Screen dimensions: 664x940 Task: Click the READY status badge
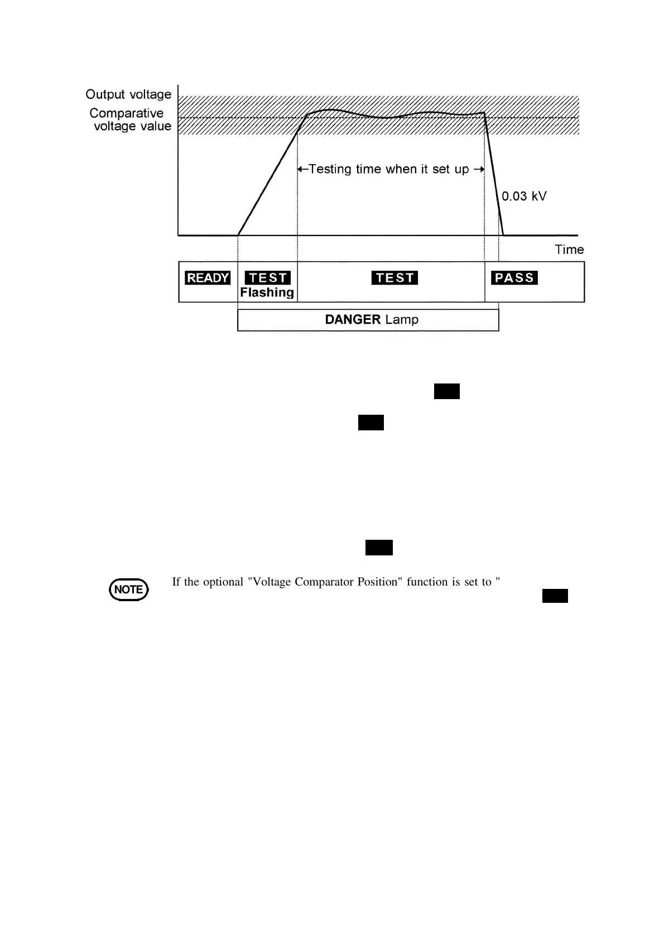(208, 278)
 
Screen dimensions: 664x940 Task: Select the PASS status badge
(514, 278)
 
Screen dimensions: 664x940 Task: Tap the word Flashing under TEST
(267, 292)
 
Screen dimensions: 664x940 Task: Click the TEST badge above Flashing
(268, 278)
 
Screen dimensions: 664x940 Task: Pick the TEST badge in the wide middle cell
(394, 278)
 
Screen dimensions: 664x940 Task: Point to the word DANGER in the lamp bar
(353, 320)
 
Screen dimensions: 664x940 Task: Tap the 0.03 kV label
(524, 196)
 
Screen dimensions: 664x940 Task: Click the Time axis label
(569, 250)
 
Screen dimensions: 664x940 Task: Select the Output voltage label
(128, 94)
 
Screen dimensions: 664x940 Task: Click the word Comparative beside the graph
(127, 113)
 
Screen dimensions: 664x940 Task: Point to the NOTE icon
(129, 589)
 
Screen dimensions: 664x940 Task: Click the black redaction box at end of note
(555, 596)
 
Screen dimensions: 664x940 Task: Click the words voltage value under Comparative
(132, 126)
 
